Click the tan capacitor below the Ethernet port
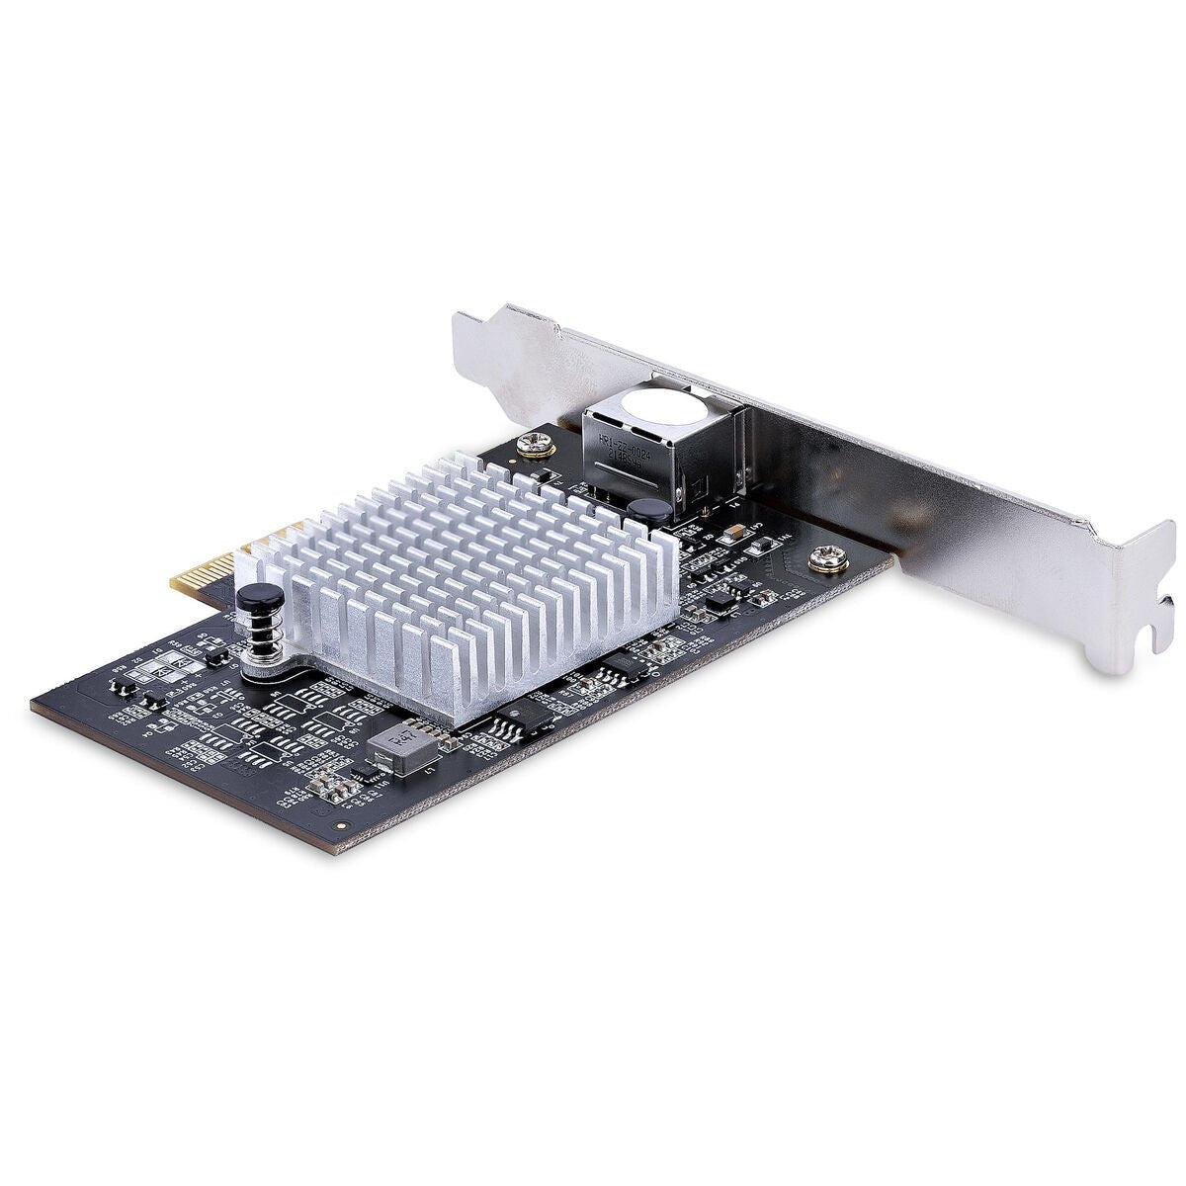pyautogui.click(x=732, y=535)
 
